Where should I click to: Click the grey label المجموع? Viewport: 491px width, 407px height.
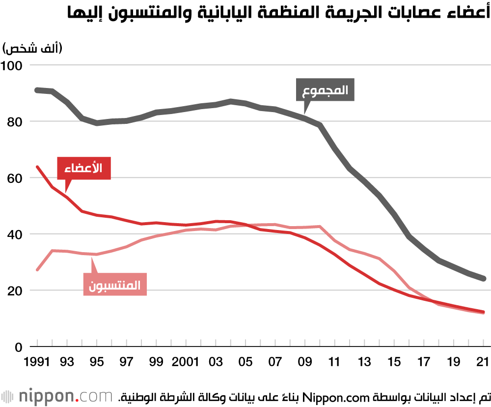point(325,90)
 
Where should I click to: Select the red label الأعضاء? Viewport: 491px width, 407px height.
point(84,168)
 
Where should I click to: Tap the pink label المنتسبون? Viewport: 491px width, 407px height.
point(115,285)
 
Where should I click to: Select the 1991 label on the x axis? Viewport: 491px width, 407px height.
point(37,363)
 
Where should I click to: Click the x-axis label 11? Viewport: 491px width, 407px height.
point(334,363)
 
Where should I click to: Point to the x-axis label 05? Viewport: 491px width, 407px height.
point(245,363)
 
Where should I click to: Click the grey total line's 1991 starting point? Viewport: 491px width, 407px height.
point(37,90)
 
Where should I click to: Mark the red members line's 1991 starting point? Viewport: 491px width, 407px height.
point(37,167)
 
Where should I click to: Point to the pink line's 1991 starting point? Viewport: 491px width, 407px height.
point(37,269)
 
